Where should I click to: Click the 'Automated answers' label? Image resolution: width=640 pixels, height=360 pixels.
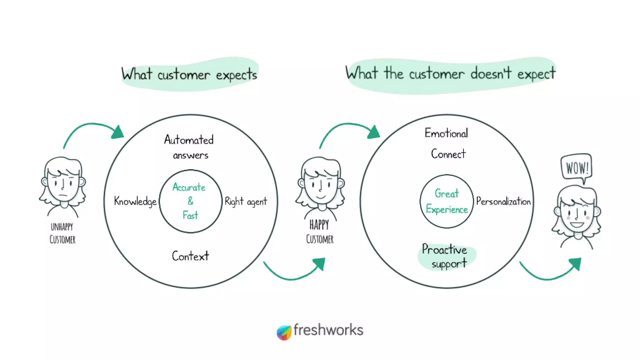(189, 147)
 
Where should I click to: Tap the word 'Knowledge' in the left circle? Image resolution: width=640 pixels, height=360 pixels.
(135, 202)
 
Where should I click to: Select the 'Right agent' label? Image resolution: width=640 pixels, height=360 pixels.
(246, 202)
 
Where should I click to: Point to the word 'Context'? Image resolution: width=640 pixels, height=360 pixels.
(190, 256)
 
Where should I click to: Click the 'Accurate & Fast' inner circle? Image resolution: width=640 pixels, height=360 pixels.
(190, 201)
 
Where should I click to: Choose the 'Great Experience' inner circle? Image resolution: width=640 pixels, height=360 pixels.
(447, 201)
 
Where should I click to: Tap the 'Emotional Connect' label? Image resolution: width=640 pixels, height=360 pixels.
(447, 143)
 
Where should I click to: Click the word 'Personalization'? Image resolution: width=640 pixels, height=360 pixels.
(503, 202)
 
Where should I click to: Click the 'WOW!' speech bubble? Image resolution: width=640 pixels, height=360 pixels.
(577, 168)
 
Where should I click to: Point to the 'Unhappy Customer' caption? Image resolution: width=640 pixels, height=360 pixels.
(62, 233)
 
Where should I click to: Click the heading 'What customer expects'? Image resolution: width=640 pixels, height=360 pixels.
(189, 74)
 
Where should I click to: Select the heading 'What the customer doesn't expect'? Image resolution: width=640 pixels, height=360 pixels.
(450, 74)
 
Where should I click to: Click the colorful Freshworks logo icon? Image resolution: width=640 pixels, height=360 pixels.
(284, 332)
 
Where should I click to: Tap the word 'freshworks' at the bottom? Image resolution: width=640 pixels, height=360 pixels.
(328, 330)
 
